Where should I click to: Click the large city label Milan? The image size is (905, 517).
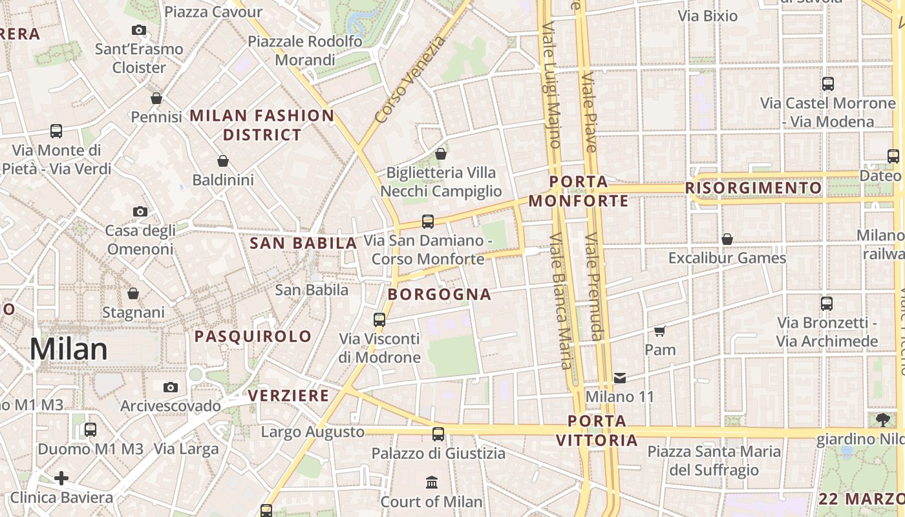[69, 349]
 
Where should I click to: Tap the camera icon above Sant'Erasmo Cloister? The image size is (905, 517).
[138, 30]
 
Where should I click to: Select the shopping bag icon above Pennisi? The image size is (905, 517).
[156, 98]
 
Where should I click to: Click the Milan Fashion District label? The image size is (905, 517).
[262, 125]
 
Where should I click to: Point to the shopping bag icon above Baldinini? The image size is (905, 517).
[223, 160]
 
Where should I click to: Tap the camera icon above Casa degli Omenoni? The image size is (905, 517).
[140, 211]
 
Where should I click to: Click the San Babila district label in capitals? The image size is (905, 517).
[303, 243]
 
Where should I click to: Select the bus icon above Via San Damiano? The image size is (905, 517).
[427, 222]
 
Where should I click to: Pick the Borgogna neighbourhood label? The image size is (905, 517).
[440, 295]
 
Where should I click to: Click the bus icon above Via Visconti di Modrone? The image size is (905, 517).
[379, 319]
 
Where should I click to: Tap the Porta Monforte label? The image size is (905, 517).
[579, 191]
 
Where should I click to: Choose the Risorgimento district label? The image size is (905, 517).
[754, 188]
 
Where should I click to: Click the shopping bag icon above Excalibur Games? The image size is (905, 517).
[727, 239]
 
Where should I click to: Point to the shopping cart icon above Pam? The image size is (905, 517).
[659, 332]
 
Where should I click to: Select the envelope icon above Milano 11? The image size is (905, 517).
[620, 378]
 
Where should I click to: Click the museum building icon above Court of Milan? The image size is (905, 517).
[431, 482]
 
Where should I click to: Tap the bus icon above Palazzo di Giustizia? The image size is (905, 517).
[438, 434]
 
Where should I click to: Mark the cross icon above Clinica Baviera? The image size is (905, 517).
[61, 478]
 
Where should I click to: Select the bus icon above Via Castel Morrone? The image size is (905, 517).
[827, 84]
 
